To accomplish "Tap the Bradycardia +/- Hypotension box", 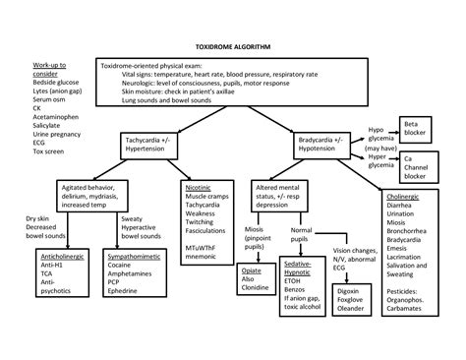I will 323,147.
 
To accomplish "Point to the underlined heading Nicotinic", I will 200,187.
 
